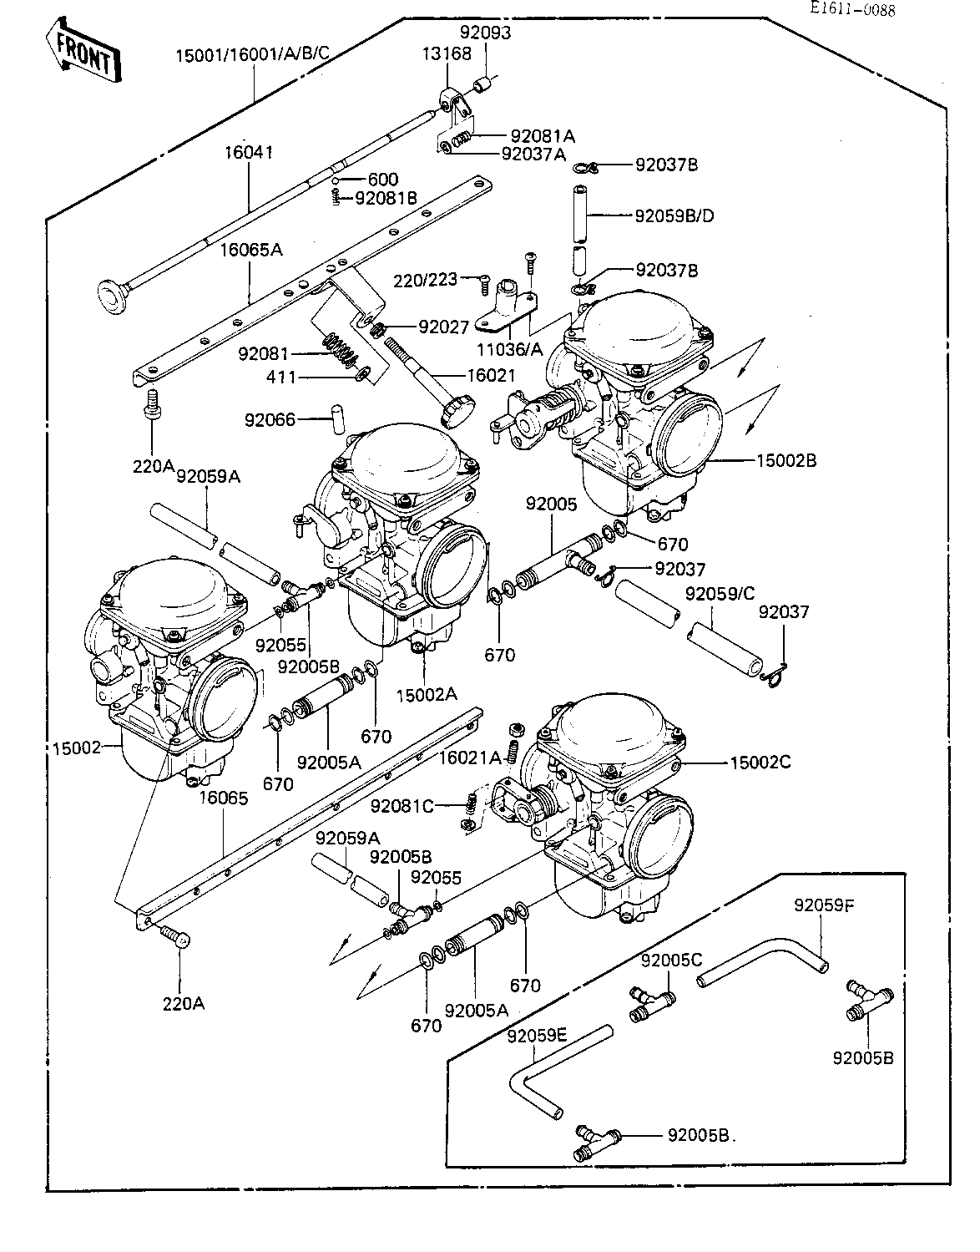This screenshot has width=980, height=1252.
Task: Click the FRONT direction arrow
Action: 83,51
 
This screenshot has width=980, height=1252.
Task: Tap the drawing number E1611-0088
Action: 853,8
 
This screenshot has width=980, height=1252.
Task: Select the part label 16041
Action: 248,153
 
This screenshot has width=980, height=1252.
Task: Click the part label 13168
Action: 447,53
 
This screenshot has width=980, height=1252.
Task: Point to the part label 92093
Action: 485,33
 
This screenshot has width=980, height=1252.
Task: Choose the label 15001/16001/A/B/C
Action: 253,55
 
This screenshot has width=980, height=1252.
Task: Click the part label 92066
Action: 270,419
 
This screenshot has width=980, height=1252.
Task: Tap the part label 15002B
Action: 786,460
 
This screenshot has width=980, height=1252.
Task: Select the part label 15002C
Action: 760,763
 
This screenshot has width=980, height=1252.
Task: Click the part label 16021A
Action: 470,758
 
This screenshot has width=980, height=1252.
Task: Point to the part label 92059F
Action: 825,905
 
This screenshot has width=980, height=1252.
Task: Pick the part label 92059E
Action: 538,1036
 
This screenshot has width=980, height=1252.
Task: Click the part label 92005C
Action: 672,960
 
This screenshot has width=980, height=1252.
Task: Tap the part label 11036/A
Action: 509,348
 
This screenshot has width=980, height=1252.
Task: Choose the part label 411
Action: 281,378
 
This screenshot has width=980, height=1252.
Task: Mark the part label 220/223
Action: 425,281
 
